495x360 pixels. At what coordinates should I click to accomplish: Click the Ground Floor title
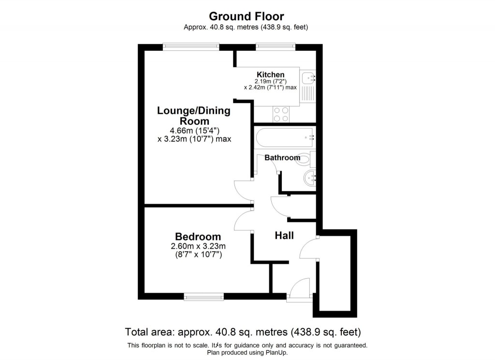[x=246, y=16]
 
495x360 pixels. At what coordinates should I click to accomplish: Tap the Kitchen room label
[x=271, y=75]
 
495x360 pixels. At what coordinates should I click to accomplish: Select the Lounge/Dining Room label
[x=194, y=116]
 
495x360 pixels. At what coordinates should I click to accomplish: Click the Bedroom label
[x=198, y=237]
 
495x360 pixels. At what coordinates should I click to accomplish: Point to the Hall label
[x=284, y=236]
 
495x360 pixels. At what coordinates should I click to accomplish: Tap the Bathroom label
[x=282, y=157]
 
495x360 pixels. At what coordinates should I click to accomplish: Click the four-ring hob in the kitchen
[x=281, y=114]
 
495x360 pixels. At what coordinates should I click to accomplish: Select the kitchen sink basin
[x=307, y=78]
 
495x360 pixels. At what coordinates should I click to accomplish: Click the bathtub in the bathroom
[x=285, y=137]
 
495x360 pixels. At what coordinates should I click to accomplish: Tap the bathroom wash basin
[x=309, y=178]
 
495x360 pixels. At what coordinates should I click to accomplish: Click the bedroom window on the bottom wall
[x=204, y=297]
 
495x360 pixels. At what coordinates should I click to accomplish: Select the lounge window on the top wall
[x=191, y=47]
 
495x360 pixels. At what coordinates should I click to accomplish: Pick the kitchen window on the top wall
[x=276, y=47]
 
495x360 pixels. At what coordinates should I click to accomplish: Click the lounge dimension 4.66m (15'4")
[x=194, y=130]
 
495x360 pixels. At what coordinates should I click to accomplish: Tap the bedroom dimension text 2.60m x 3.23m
[x=198, y=246]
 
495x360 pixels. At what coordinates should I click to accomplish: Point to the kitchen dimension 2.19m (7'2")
[x=271, y=81]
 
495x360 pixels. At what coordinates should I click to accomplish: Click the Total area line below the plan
[x=243, y=332]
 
